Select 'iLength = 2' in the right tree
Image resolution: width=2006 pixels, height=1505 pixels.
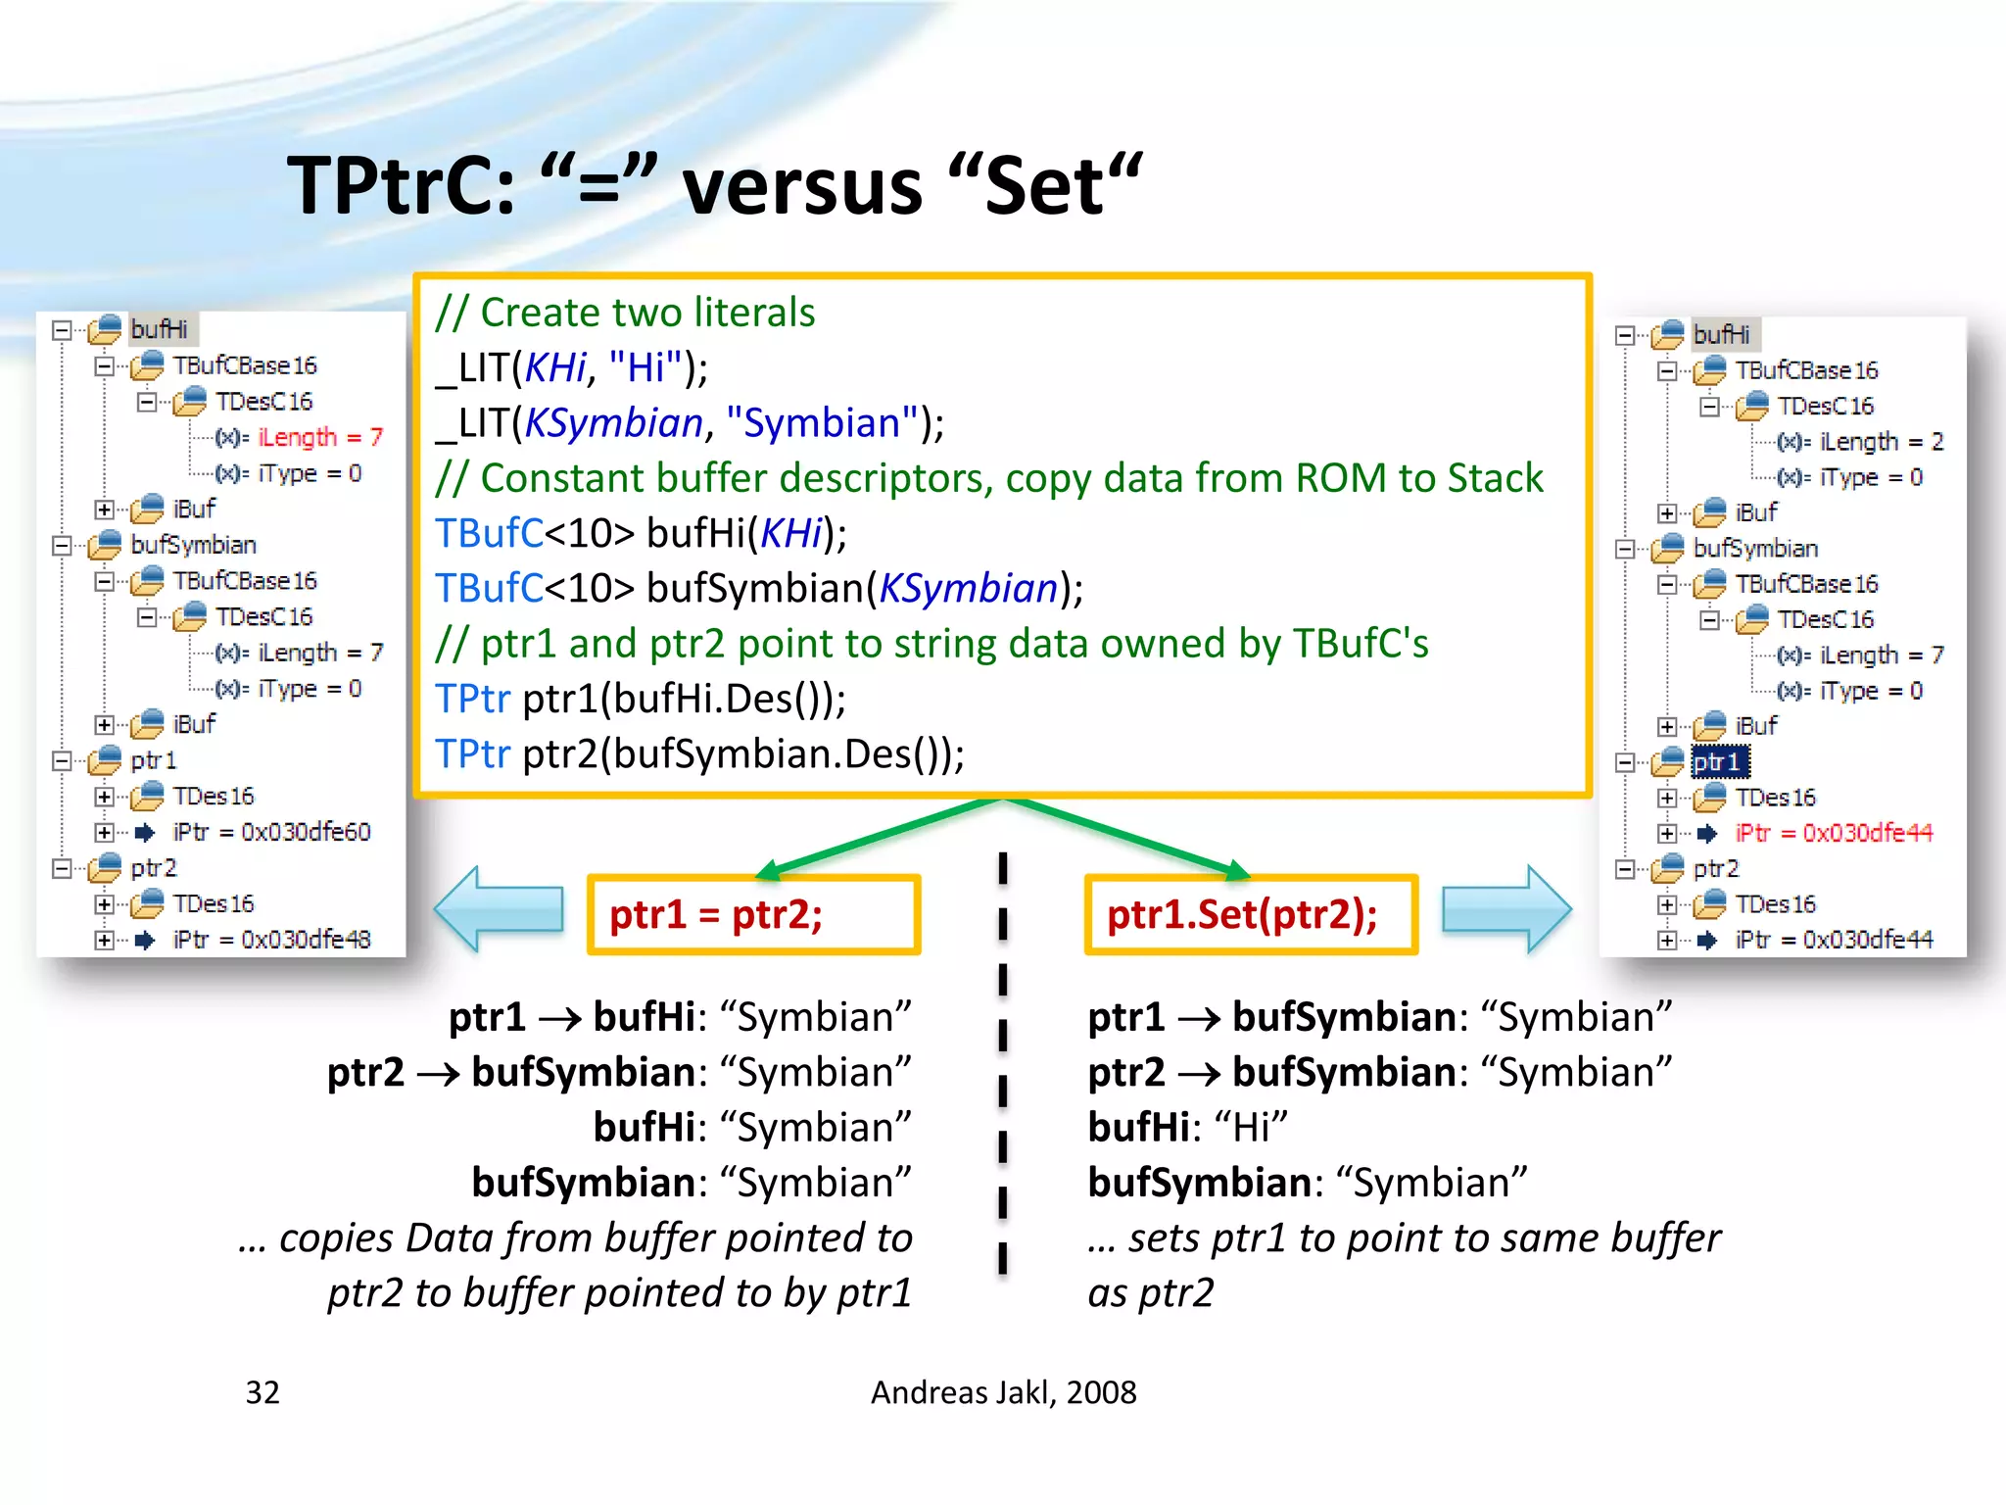click(x=1881, y=442)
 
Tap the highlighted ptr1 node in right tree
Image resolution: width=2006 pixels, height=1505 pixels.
click(x=1719, y=761)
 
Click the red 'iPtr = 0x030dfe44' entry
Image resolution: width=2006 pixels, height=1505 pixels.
click(x=1834, y=833)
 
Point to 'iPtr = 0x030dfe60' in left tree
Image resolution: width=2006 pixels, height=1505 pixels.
click(x=271, y=832)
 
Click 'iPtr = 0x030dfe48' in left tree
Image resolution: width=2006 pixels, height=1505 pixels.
click(x=271, y=940)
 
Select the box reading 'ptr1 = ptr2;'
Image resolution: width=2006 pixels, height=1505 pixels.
click(x=753, y=915)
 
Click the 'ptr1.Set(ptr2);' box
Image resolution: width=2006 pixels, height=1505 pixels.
click(x=1251, y=915)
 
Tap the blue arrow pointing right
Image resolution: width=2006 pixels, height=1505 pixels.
click(x=1507, y=909)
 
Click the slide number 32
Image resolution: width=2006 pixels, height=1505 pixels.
click(x=263, y=1392)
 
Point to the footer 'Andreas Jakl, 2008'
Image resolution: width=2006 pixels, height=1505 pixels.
click(x=1003, y=1392)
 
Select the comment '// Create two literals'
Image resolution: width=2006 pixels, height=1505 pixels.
click(x=625, y=313)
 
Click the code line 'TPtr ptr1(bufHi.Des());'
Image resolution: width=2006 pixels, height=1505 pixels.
click(x=641, y=699)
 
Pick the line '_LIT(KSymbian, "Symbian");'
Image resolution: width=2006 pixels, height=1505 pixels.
click(x=690, y=423)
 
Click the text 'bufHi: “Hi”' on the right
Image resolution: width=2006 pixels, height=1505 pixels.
click(x=1187, y=1127)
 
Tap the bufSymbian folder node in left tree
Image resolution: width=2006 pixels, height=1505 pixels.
click(x=193, y=545)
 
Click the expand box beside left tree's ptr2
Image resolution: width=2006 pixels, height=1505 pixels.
click(x=62, y=868)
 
